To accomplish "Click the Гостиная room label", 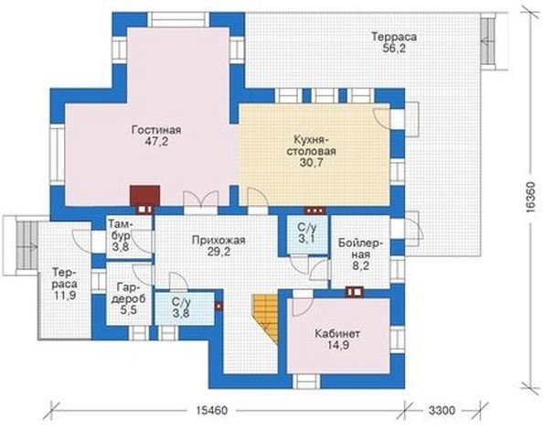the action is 156,130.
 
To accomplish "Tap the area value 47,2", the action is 156,141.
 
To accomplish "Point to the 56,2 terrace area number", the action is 394,48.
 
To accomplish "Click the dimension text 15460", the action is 212,411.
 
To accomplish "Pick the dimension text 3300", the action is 442,411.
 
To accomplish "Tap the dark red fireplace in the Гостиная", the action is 144,196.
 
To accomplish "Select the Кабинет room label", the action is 337,334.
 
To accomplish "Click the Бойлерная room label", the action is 360,249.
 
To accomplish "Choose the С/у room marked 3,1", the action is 307,233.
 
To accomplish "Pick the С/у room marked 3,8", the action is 184,308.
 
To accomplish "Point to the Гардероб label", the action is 129,293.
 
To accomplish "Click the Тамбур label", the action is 121,230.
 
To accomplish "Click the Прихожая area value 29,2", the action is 218,252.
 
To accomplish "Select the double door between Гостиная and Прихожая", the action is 201,202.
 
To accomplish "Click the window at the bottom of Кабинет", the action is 307,381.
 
